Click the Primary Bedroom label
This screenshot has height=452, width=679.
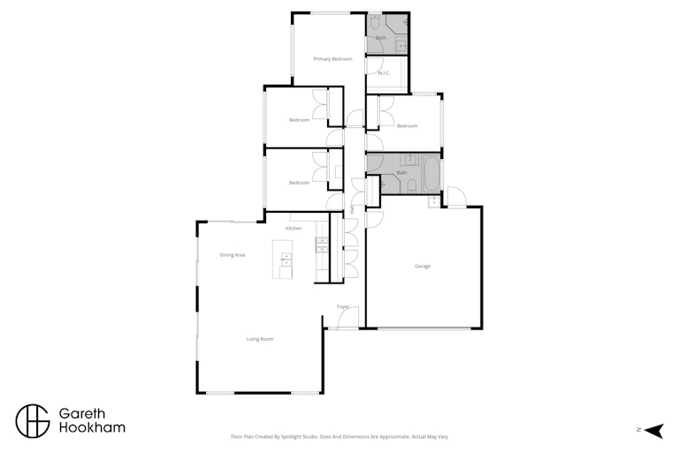(x=332, y=59)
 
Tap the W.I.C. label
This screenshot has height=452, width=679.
(x=384, y=73)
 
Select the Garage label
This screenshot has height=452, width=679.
(x=423, y=267)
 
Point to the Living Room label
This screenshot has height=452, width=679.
(x=260, y=339)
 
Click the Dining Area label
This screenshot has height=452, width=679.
(x=233, y=255)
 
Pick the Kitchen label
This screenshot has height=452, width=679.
(x=294, y=229)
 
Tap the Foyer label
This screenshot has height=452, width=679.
(x=343, y=306)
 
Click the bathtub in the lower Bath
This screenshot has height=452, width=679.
(x=431, y=173)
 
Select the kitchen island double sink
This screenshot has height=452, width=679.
(x=286, y=260)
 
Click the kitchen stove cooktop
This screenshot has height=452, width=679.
(x=322, y=245)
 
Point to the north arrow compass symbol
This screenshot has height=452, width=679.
(x=654, y=431)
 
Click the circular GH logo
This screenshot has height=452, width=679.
(x=33, y=421)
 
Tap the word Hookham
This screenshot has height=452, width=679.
(x=92, y=428)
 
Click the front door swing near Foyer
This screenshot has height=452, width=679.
(x=348, y=317)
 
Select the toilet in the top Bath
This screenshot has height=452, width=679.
(x=374, y=21)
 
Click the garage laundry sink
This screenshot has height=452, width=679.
(x=433, y=201)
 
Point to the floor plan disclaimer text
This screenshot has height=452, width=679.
(x=339, y=437)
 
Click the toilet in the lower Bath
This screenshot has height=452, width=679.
(x=412, y=186)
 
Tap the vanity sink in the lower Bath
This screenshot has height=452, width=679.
(x=408, y=160)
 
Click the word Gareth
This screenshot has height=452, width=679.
(x=82, y=413)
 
